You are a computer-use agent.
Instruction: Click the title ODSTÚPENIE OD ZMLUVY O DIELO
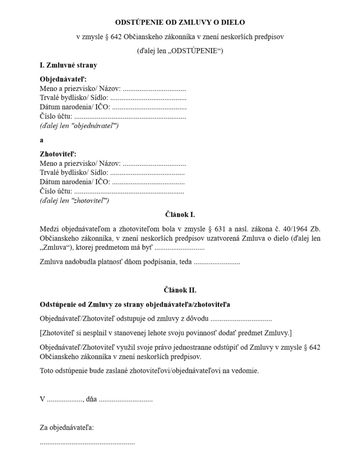click(x=180, y=22)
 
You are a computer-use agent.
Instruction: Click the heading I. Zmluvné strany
click(x=68, y=65)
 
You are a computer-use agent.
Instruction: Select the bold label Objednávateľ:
click(x=63, y=79)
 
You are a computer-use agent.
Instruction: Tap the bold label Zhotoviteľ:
click(x=58, y=154)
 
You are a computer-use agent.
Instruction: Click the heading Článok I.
click(x=180, y=215)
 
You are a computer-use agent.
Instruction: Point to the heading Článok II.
click(x=180, y=290)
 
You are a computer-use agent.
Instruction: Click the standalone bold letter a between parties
click(x=42, y=140)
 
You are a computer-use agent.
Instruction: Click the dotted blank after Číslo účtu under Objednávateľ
click(x=130, y=117)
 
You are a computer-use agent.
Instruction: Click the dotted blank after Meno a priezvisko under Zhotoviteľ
click(x=154, y=164)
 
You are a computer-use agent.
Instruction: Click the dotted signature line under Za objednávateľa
click(x=87, y=442)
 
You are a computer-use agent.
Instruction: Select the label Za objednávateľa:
click(x=67, y=427)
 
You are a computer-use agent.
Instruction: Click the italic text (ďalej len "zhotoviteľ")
click(x=75, y=201)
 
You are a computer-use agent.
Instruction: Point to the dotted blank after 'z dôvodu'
click(x=241, y=319)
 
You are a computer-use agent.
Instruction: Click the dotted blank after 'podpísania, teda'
click(x=217, y=262)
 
